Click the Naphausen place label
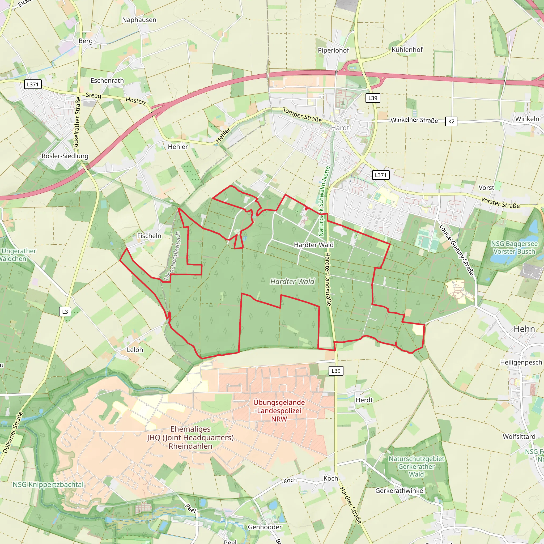pos(139,20)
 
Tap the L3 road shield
pos(65,312)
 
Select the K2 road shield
pos(451,121)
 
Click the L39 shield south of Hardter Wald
pos(336,371)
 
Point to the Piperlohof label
pos(333,50)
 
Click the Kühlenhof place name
pos(407,50)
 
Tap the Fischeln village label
pos(149,236)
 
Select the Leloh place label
pos(135,350)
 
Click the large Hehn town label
pos(524,329)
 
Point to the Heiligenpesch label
pos(521,362)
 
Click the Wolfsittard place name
pos(519,436)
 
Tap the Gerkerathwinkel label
pos(400,491)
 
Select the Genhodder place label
pos(265,527)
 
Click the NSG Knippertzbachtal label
pos(48,484)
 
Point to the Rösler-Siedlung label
pos(65,156)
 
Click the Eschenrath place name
pos(107,80)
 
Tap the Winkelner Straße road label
pos(414,120)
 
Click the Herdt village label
pos(364,400)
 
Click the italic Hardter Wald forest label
pos(292,282)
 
